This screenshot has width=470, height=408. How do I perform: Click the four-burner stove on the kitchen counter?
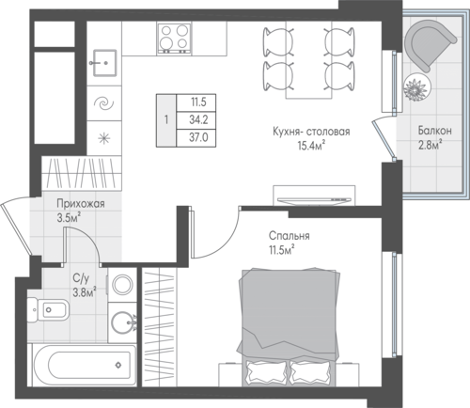pyautogui.click(x=174, y=38)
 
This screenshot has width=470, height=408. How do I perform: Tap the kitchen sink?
pyautogui.click(x=104, y=63)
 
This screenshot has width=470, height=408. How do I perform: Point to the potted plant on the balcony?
pyautogui.click(x=417, y=87)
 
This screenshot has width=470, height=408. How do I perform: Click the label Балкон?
pyautogui.click(x=434, y=131)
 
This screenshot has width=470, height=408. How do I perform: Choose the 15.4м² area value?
pyautogui.click(x=311, y=146)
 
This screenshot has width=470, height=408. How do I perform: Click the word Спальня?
pyautogui.click(x=290, y=236)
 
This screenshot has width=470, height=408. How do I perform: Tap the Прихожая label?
pyautogui.click(x=81, y=204)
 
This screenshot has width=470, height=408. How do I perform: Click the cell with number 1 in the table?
pyautogui.click(x=166, y=120)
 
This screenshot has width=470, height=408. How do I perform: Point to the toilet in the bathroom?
pyautogui.click(x=48, y=310)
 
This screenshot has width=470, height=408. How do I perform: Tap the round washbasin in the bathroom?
pyautogui.click(x=124, y=322)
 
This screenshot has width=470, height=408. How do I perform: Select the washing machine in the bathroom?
pyautogui.click(x=122, y=285)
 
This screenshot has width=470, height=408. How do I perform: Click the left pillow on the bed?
pyautogui.click(x=265, y=372)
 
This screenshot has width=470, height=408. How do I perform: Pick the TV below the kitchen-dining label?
pyautogui.click(x=314, y=199)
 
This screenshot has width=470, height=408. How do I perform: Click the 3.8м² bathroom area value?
pyautogui.click(x=85, y=293)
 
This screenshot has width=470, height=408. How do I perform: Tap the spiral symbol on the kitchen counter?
pyautogui.click(x=104, y=103)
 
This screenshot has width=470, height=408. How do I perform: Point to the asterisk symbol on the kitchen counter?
pyautogui.click(x=104, y=138)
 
